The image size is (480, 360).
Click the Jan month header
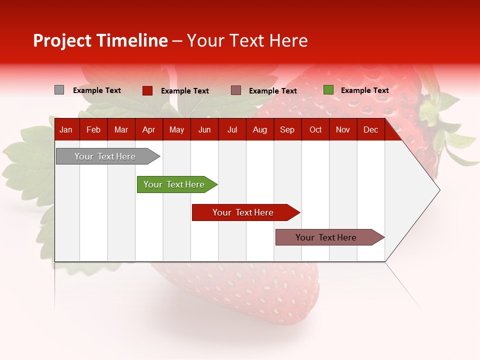pos(66,130)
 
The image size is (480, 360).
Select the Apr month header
pos(148,130)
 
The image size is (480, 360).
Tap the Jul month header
pos(232,130)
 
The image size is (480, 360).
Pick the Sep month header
pos(287,130)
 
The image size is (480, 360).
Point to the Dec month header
pos(370,130)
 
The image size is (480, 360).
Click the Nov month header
pos(342,130)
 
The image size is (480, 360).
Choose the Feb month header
pos(93,130)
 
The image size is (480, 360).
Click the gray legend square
pos(59,90)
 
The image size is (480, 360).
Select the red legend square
pos(147,90)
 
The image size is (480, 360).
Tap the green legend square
pos(328,90)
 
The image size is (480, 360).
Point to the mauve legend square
pos(236,90)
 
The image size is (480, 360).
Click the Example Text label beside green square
pos(364,90)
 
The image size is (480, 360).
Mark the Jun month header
pos(204,130)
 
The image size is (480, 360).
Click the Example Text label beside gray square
pos(96,90)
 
